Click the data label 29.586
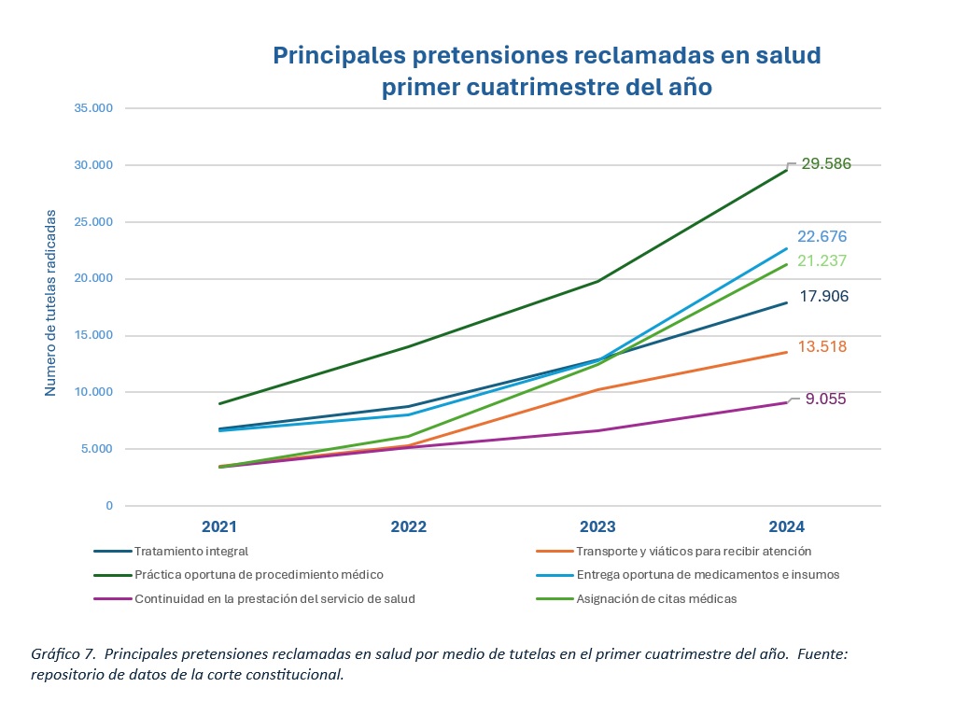825,164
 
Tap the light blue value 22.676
822,237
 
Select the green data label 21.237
822,261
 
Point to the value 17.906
823,297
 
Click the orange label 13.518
823,347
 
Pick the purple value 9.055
826,399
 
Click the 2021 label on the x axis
219,526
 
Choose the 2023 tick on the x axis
597,526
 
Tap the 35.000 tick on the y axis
93,108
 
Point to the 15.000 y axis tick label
93,335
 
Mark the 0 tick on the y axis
108,506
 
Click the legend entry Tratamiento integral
191,551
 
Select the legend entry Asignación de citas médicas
656,599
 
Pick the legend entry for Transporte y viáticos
694,551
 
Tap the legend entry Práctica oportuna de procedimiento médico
259,575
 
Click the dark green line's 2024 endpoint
786,169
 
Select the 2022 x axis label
408,526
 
